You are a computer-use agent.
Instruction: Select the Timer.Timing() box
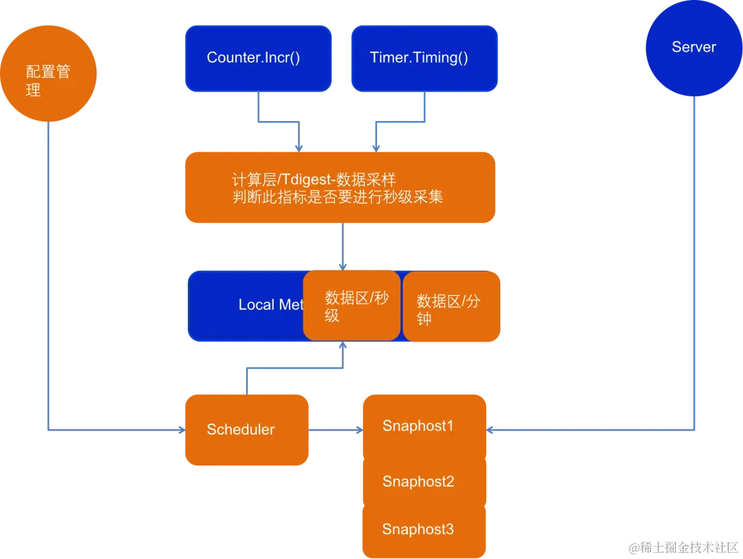pyautogui.click(x=424, y=58)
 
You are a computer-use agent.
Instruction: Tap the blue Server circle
pyautogui.click(x=693, y=47)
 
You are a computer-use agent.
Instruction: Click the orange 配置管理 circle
pyautogui.click(x=48, y=74)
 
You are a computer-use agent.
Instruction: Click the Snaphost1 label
pyautogui.click(x=418, y=426)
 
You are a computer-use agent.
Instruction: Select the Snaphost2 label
pyautogui.click(x=418, y=481)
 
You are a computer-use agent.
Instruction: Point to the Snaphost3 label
pyautogui.click(x=418, y=529)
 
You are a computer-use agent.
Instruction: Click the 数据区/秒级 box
pyautogui.click(x=352, y=306)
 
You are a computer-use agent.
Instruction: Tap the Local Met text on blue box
pyautogui.click(x=270, y=305)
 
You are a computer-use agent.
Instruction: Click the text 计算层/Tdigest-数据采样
pyautogui.click(x=314, y=180)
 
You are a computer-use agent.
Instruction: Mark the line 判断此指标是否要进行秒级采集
pyautogui.click(x=337, y=197)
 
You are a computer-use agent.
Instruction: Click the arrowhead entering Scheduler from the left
pyautogui.click(x=180, y=430)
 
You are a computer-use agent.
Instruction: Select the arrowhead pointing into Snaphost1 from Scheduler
pyautogui.click(x=357, y=430)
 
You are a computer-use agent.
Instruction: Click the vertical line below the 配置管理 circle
pyautogui.click(x=47, y=275)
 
